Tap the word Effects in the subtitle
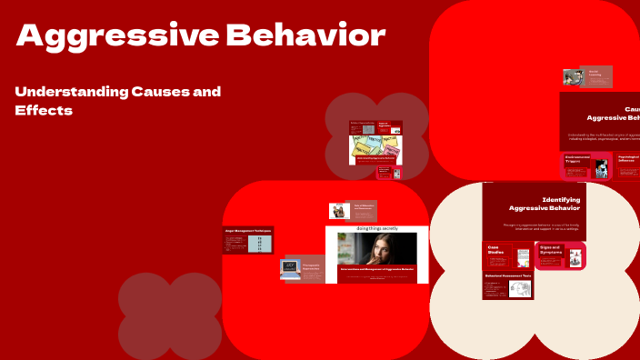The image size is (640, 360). pos(44,110)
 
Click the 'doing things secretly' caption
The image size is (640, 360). pos(376,229)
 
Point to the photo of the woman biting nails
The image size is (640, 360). pos(376,249)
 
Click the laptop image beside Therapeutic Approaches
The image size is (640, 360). pos(291,268)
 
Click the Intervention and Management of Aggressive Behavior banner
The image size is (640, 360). pos(376,272)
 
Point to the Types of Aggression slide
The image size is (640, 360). pos(389,125)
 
